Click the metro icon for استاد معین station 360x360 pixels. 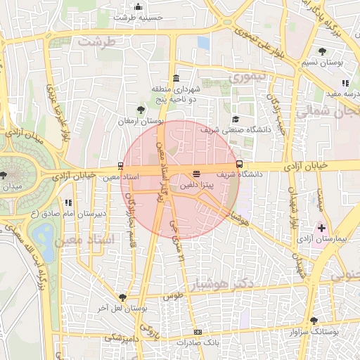(122, 167)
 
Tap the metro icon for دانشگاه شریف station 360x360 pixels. (240, 164)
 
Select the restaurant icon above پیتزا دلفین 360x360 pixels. (195, 174)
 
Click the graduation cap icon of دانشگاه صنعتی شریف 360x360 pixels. (236, 119)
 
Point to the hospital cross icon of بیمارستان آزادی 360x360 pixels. (322, 229)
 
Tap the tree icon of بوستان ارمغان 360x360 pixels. (141, 110)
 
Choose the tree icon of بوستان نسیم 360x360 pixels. (322, 51)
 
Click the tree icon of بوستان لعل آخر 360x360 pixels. (123, 297)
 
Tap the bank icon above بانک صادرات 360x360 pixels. (198, 332)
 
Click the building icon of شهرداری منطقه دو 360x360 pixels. (175, 78)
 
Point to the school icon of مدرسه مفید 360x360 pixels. (345, 84)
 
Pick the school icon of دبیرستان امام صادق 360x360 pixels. (68, 202)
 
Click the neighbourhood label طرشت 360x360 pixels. (96, 42)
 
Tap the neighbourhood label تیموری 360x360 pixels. (250, 76)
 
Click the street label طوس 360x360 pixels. (173, 296)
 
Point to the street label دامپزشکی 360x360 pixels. (122, 338)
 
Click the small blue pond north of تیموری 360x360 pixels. (204, 43)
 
